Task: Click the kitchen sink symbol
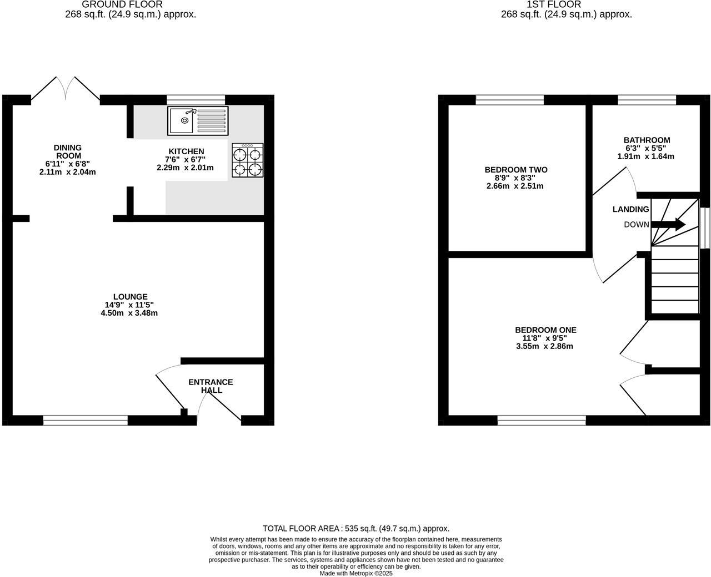pos(198,121)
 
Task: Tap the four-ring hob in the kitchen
pos(247,160)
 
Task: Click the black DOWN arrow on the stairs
pos(669,224)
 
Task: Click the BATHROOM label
pos(647,140)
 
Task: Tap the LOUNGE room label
pos(130,297)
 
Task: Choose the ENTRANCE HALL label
pos(211,386)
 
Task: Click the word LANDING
pos(630,209)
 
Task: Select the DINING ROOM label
pos(68,151)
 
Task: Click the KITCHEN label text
pos(186,151)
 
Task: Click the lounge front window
pos(86,421)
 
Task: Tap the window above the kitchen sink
pos(196,100)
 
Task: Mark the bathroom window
pos(647,100)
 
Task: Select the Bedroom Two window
pos(509,100)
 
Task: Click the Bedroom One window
pos(542,421)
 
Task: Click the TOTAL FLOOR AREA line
pos(355,529)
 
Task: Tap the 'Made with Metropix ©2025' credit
pos(356,573)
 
